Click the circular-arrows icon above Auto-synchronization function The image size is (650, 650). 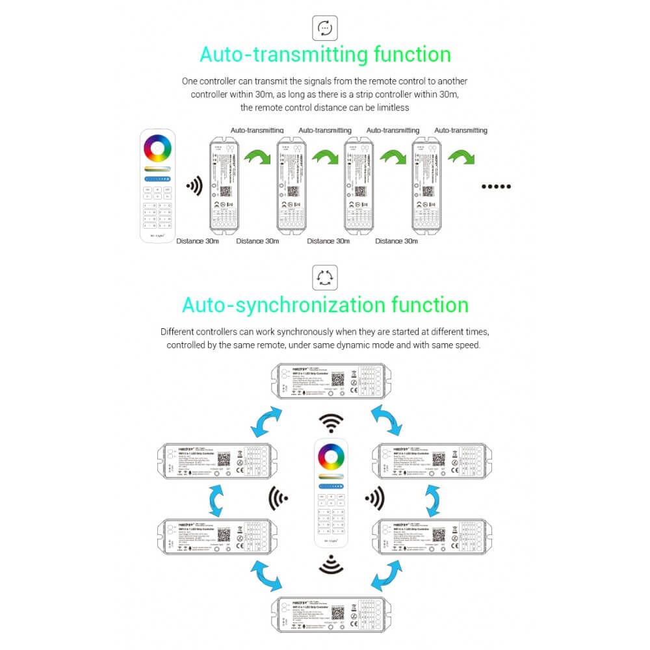(x=324, y=277)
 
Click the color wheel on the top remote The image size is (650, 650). (x=158, y=149)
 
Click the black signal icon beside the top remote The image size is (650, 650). (x=194, y=187)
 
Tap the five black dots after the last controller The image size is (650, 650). (x=497, y=187)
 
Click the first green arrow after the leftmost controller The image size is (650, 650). (x=257, y=157)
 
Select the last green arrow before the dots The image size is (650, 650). (x=461, y=157)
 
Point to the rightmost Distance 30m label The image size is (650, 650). (x=398, y=241)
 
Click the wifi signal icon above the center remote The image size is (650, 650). (x=331, y=423)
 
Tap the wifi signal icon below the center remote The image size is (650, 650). (x=331, y=564)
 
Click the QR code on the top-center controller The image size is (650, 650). (x=338, y=379)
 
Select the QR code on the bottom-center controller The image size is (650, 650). (x=338, y=613)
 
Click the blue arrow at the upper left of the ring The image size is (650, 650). (x=267, y=422)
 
